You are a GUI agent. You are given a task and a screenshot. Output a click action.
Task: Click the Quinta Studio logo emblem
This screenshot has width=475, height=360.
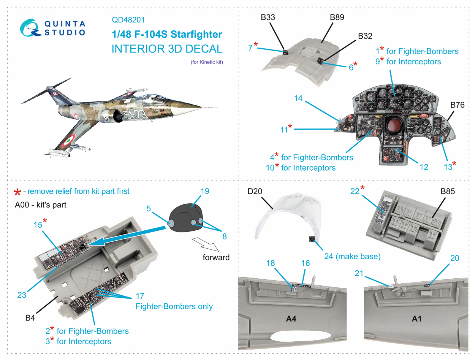tap(30, 28)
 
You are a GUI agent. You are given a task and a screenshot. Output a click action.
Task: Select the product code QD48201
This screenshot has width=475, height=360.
tap(128, 20)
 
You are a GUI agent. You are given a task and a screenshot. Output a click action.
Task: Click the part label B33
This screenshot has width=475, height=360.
tap(268, 18)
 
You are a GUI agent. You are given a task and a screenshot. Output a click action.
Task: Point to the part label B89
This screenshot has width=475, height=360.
tap(337, 18)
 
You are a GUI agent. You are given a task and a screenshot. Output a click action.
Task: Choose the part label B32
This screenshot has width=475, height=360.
tap(365, 36)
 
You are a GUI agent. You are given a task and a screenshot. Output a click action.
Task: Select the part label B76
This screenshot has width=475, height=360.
tap(457, 105)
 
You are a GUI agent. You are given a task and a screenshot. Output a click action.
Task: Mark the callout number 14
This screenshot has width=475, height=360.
tap(298, 98)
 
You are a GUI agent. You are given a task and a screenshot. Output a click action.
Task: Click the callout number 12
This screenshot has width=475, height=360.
tap(424, 167)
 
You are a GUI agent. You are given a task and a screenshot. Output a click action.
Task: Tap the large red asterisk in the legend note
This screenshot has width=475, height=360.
tap(18, 192)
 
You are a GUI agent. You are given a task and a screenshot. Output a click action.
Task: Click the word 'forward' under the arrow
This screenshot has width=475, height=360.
tap(216, 257)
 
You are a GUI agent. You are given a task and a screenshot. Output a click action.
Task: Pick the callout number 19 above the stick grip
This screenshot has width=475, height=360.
tap(205, 191)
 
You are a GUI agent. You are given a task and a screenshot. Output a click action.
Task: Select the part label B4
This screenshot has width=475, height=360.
tap(30, 318)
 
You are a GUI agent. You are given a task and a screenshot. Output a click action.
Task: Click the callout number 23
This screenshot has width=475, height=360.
tap(22, 295)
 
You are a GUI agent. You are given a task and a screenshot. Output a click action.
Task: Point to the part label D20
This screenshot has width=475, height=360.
tap(255, 191)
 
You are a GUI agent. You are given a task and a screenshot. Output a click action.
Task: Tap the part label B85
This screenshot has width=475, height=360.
tap(447, 191)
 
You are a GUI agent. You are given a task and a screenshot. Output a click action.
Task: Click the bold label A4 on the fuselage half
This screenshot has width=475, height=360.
tap(291, 319)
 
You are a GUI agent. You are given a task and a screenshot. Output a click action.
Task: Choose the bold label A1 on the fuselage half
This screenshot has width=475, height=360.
tap(417, 319)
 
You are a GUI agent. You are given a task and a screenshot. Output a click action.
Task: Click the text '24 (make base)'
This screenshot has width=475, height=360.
tap(352, 256)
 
